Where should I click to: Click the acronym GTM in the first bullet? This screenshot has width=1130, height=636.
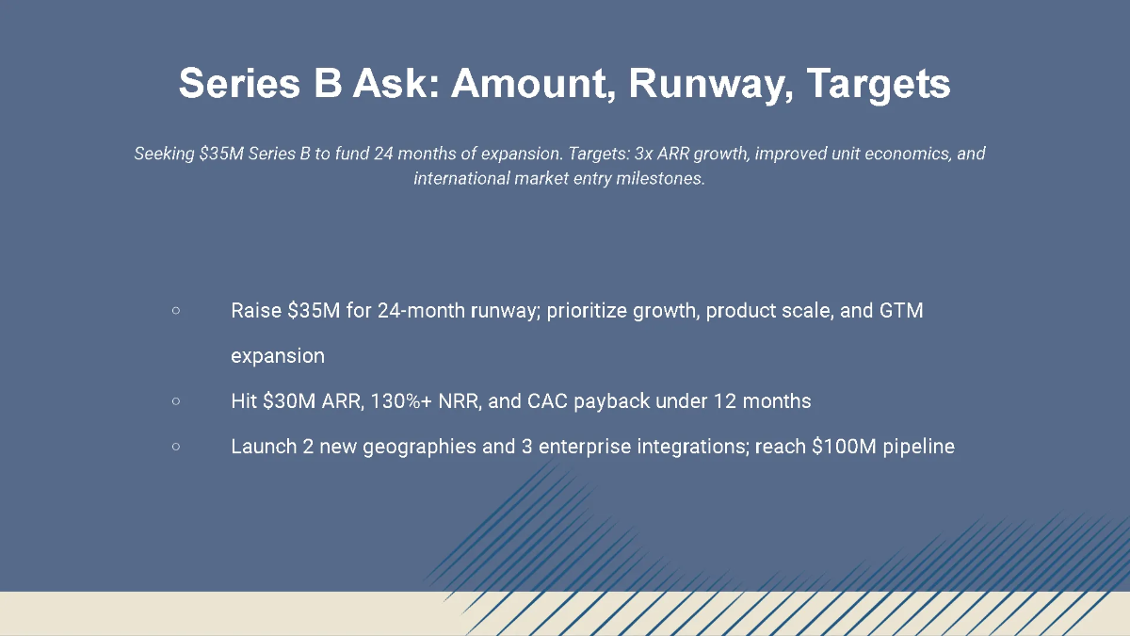coord(901,311)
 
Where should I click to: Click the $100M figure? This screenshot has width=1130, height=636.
coord(844,447)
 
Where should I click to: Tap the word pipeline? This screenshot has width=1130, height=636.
coord(920,447)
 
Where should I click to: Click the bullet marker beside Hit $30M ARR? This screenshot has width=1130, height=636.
coord(176,401)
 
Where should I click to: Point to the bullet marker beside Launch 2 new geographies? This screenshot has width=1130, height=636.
coord(176,447)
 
